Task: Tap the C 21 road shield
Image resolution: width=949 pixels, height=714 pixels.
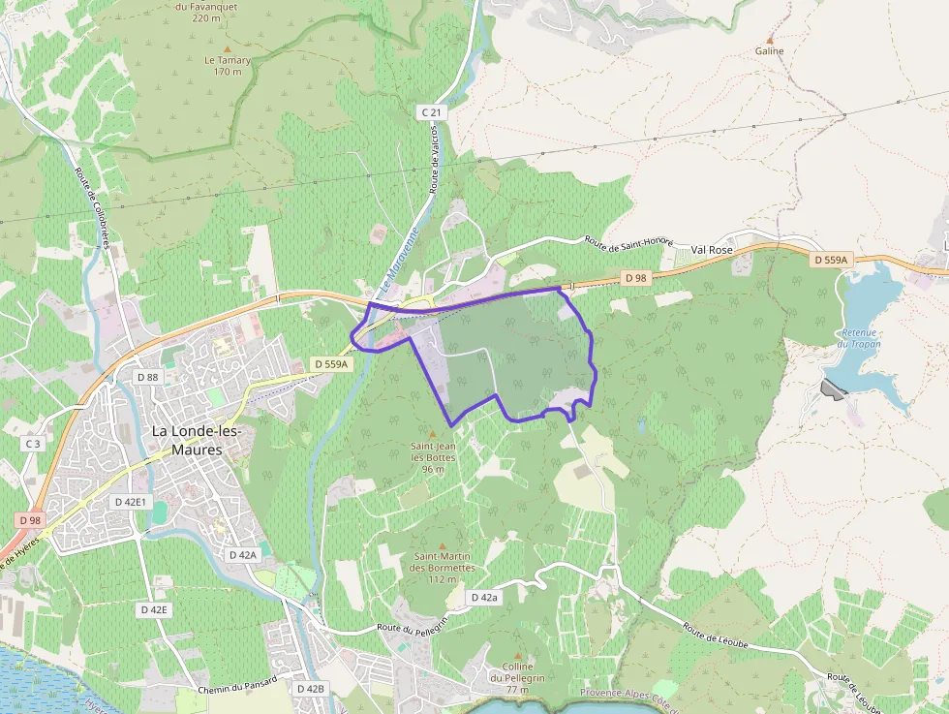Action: pos(431,113)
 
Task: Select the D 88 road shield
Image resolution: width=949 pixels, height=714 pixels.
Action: pos(147,376)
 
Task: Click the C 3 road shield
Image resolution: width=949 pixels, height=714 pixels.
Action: pos(33,443)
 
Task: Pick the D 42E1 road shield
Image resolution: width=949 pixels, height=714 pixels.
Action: pos(130,502)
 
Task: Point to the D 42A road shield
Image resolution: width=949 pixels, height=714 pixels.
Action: pos(242,555)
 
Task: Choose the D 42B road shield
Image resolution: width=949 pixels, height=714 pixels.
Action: pos(310,688)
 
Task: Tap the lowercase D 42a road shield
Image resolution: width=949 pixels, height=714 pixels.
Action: pos(484,598)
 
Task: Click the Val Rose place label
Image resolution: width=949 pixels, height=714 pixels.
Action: pos(711,249)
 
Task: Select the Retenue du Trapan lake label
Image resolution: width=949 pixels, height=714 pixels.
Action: pos(860,338)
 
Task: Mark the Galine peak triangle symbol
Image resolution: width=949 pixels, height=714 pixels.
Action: pos(770,37)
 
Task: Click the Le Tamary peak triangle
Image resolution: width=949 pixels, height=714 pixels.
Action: pos(228,47)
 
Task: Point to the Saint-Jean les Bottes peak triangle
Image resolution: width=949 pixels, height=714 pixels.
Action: pos(433,433)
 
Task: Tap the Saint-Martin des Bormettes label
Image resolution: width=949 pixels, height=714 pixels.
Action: pos(444,562)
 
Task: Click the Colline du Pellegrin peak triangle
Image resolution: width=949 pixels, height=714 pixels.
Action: pos(517,655)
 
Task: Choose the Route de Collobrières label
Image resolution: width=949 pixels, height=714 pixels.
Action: pos(91,209)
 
